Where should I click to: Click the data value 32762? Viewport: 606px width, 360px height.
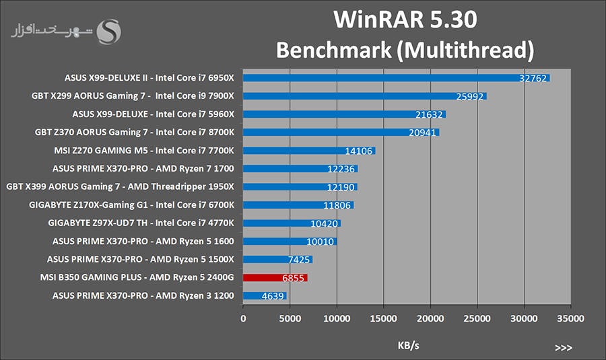tap(534, 78)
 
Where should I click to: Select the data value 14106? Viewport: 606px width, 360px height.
tap(360, 151)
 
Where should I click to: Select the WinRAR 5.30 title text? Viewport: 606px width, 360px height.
tap(405, 20)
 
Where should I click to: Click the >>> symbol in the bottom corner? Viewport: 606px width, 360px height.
tap(564, 347)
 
